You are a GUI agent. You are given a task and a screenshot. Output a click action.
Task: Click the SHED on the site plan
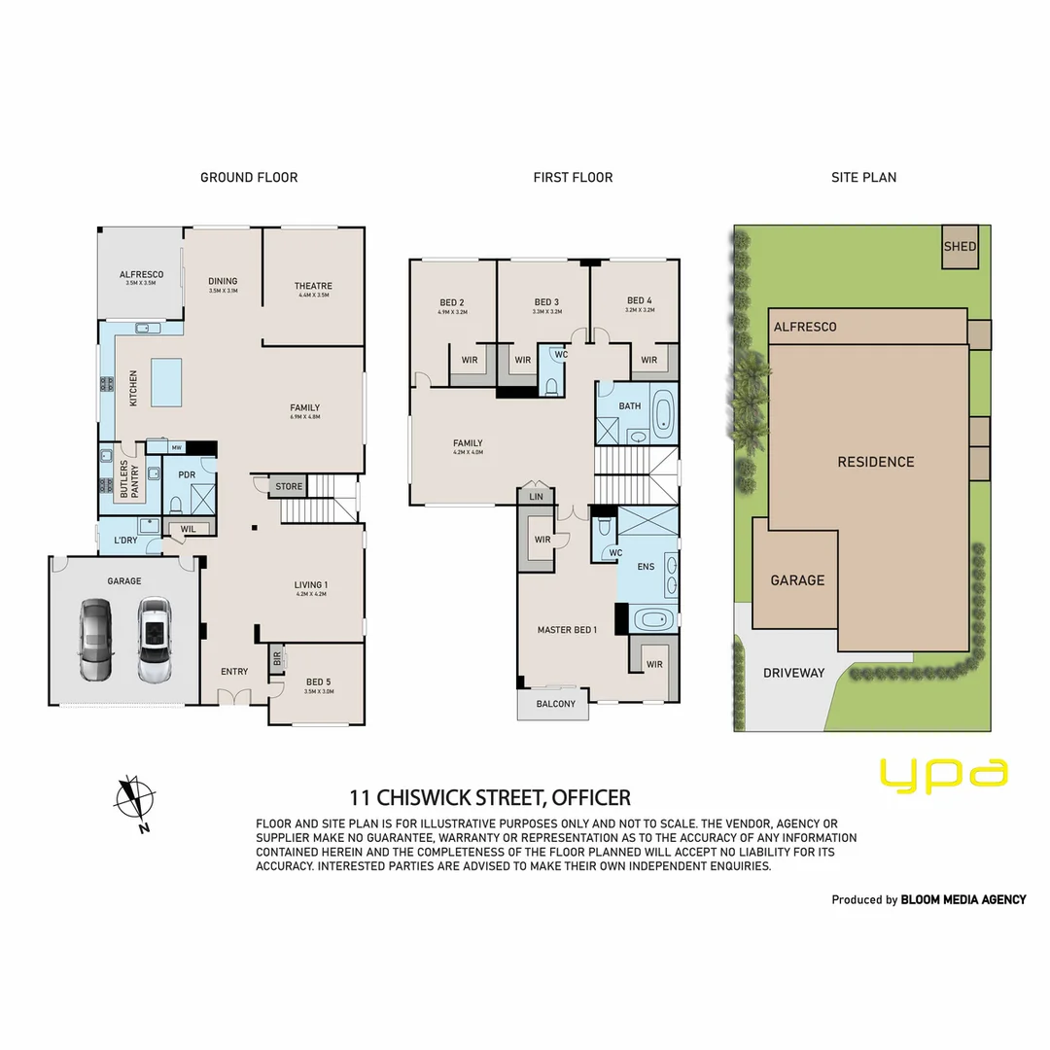point(960,246)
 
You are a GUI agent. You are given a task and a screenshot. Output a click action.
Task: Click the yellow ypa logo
point(943,774)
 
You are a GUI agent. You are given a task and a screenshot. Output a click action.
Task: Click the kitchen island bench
point(166,382)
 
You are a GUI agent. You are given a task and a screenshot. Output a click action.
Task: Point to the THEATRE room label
point(313,286)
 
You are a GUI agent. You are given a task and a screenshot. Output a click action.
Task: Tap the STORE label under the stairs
point(289,486)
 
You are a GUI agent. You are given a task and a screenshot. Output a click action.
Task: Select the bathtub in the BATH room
point(664,412)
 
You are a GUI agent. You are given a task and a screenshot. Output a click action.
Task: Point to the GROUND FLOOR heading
point(249,177)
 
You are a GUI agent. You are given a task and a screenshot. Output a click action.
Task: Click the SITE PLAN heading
point(863,177)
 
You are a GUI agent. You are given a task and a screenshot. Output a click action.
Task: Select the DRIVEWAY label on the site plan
point(793,673)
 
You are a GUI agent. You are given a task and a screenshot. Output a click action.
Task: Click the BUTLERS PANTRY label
point(129,480)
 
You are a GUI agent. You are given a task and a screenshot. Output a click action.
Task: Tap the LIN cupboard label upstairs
point(536,497)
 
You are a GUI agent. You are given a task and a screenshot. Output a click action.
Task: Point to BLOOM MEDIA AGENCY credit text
point(962,899)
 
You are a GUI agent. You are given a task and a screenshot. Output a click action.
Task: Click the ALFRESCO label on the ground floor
point(141,275)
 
